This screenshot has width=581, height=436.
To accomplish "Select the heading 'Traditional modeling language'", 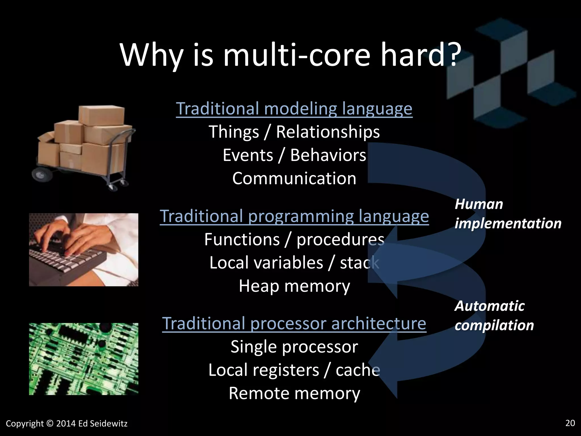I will click(x=294, y=108).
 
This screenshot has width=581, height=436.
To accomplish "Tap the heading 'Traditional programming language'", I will click(x=294, y=216).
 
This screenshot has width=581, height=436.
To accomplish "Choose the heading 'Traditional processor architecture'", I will click(x=294, y=323).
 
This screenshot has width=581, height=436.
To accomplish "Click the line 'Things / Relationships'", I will click(x=294, y=132).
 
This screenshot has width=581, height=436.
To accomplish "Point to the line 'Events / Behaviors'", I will click(x=294, y=155).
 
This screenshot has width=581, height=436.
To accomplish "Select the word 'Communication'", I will click(x=294, y=179).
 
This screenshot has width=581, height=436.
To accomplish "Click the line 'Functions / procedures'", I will click(x=294, y=240).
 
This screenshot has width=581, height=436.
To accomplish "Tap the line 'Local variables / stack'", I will click(x=294, y=263).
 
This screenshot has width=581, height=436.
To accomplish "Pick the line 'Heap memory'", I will click(x=294, y=286).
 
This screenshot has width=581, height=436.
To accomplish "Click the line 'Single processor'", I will click(x=294, y=347).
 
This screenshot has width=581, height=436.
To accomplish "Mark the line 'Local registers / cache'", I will click(x=294, y=370).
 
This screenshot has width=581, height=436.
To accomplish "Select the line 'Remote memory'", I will click(x=294, y=393).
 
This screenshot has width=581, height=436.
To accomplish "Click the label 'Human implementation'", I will click(x=508, y=214).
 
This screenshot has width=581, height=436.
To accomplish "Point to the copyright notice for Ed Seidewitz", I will click(x=67, y=424).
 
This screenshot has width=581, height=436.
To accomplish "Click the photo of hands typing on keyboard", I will click(x=84, y=250).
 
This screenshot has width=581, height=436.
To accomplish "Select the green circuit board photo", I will click(x=84, y=359).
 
